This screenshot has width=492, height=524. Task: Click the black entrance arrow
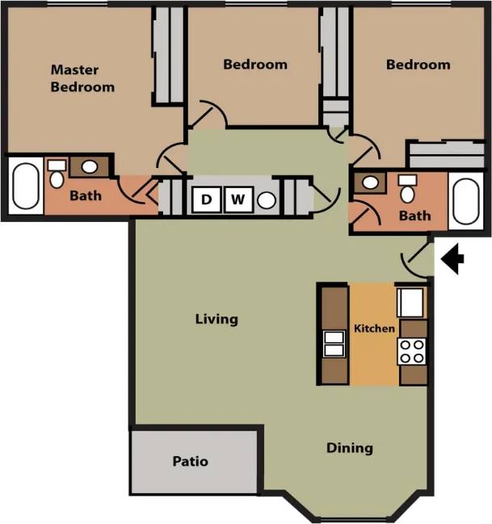pyautogui.click(x=455, y=259)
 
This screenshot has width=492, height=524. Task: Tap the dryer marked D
pyautogui.click(x=207, y=199)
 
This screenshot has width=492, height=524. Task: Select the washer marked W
pyautogui.click(x=238, y=199)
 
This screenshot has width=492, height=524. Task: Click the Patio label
pyautogui.click(x=191, y=462)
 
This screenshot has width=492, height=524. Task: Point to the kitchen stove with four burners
pyautogui.click(x=412, y=351)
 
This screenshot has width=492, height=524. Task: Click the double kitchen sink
pyautogui.click(x=333, y=344)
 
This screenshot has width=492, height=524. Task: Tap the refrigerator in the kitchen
pyautogui.click(x=410, y=302)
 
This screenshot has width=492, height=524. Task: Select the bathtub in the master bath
pyautogui.click(x=25, y=187)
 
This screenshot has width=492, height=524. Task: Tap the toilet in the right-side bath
pyautogui.click(x=408, y=191)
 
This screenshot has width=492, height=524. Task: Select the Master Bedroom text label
pyautogui.click(x=82, y=78)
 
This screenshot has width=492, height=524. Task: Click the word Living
pyautogui.click(x=217, y=319)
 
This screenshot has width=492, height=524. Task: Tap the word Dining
pyautogui.click(x=349, y=447)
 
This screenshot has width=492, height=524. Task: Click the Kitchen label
pyautogui.click(x=375, y=329)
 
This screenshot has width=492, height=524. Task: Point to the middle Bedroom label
pyautogui.click(x=255, y=64)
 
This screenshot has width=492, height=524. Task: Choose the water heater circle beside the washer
pyautogui.click(x=267, y=199)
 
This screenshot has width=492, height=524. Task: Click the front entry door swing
pyautogui.click(x=415, y=258)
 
